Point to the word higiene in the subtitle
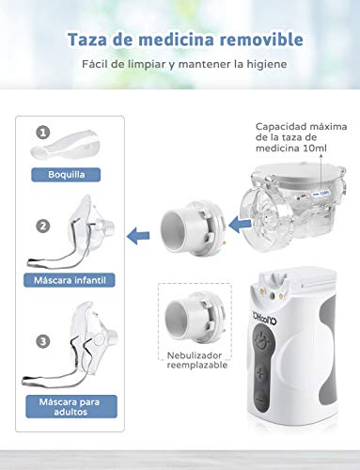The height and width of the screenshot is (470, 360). [x=265, y=65]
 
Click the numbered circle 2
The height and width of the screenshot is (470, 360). [x=42, y=226]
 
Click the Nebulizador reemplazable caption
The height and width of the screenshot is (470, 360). [x=195, y=363]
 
